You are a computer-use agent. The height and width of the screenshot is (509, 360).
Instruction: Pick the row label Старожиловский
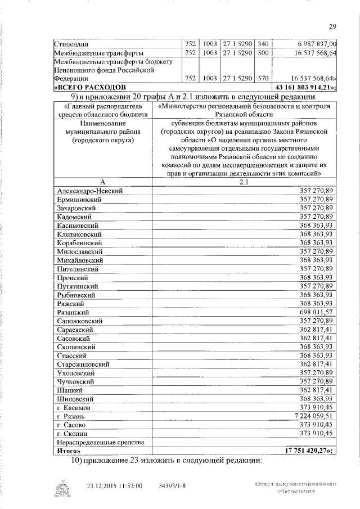83,364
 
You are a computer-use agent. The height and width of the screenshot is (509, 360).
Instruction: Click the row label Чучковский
77,381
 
